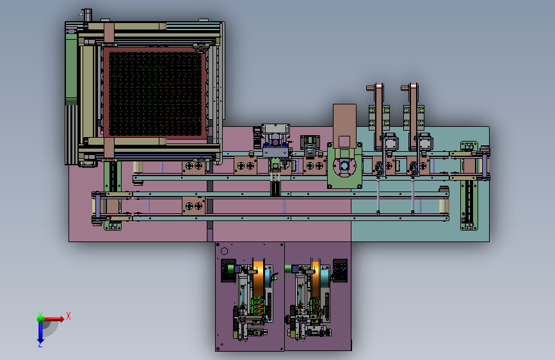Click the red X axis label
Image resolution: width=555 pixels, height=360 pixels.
68,316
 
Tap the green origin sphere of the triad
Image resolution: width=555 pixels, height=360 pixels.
41,318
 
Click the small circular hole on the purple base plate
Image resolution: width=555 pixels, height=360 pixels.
224,251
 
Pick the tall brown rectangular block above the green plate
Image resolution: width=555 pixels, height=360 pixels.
344,126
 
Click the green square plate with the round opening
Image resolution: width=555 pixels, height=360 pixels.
345,166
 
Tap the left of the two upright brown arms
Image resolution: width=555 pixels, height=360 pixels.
379,117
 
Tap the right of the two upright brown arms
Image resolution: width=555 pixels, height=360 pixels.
414,117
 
